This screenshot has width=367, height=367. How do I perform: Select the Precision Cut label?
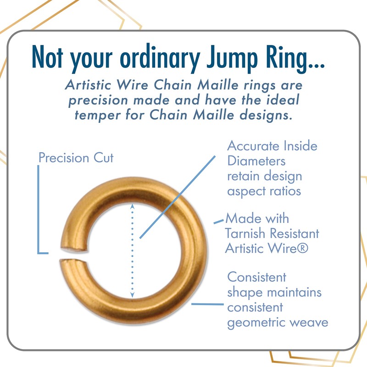tap(76, 158)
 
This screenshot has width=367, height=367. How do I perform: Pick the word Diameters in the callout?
tap(256, 161)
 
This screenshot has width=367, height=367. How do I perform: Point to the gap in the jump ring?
tap(64, 256)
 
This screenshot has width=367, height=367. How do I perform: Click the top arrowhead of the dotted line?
tap(133, 206)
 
